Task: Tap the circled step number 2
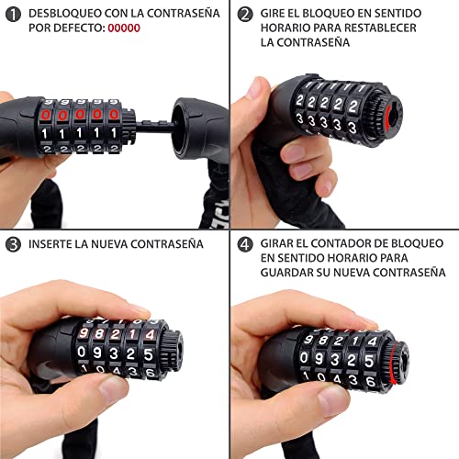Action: (x=245, y=15)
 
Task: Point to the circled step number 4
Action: (x=245, y=244)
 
